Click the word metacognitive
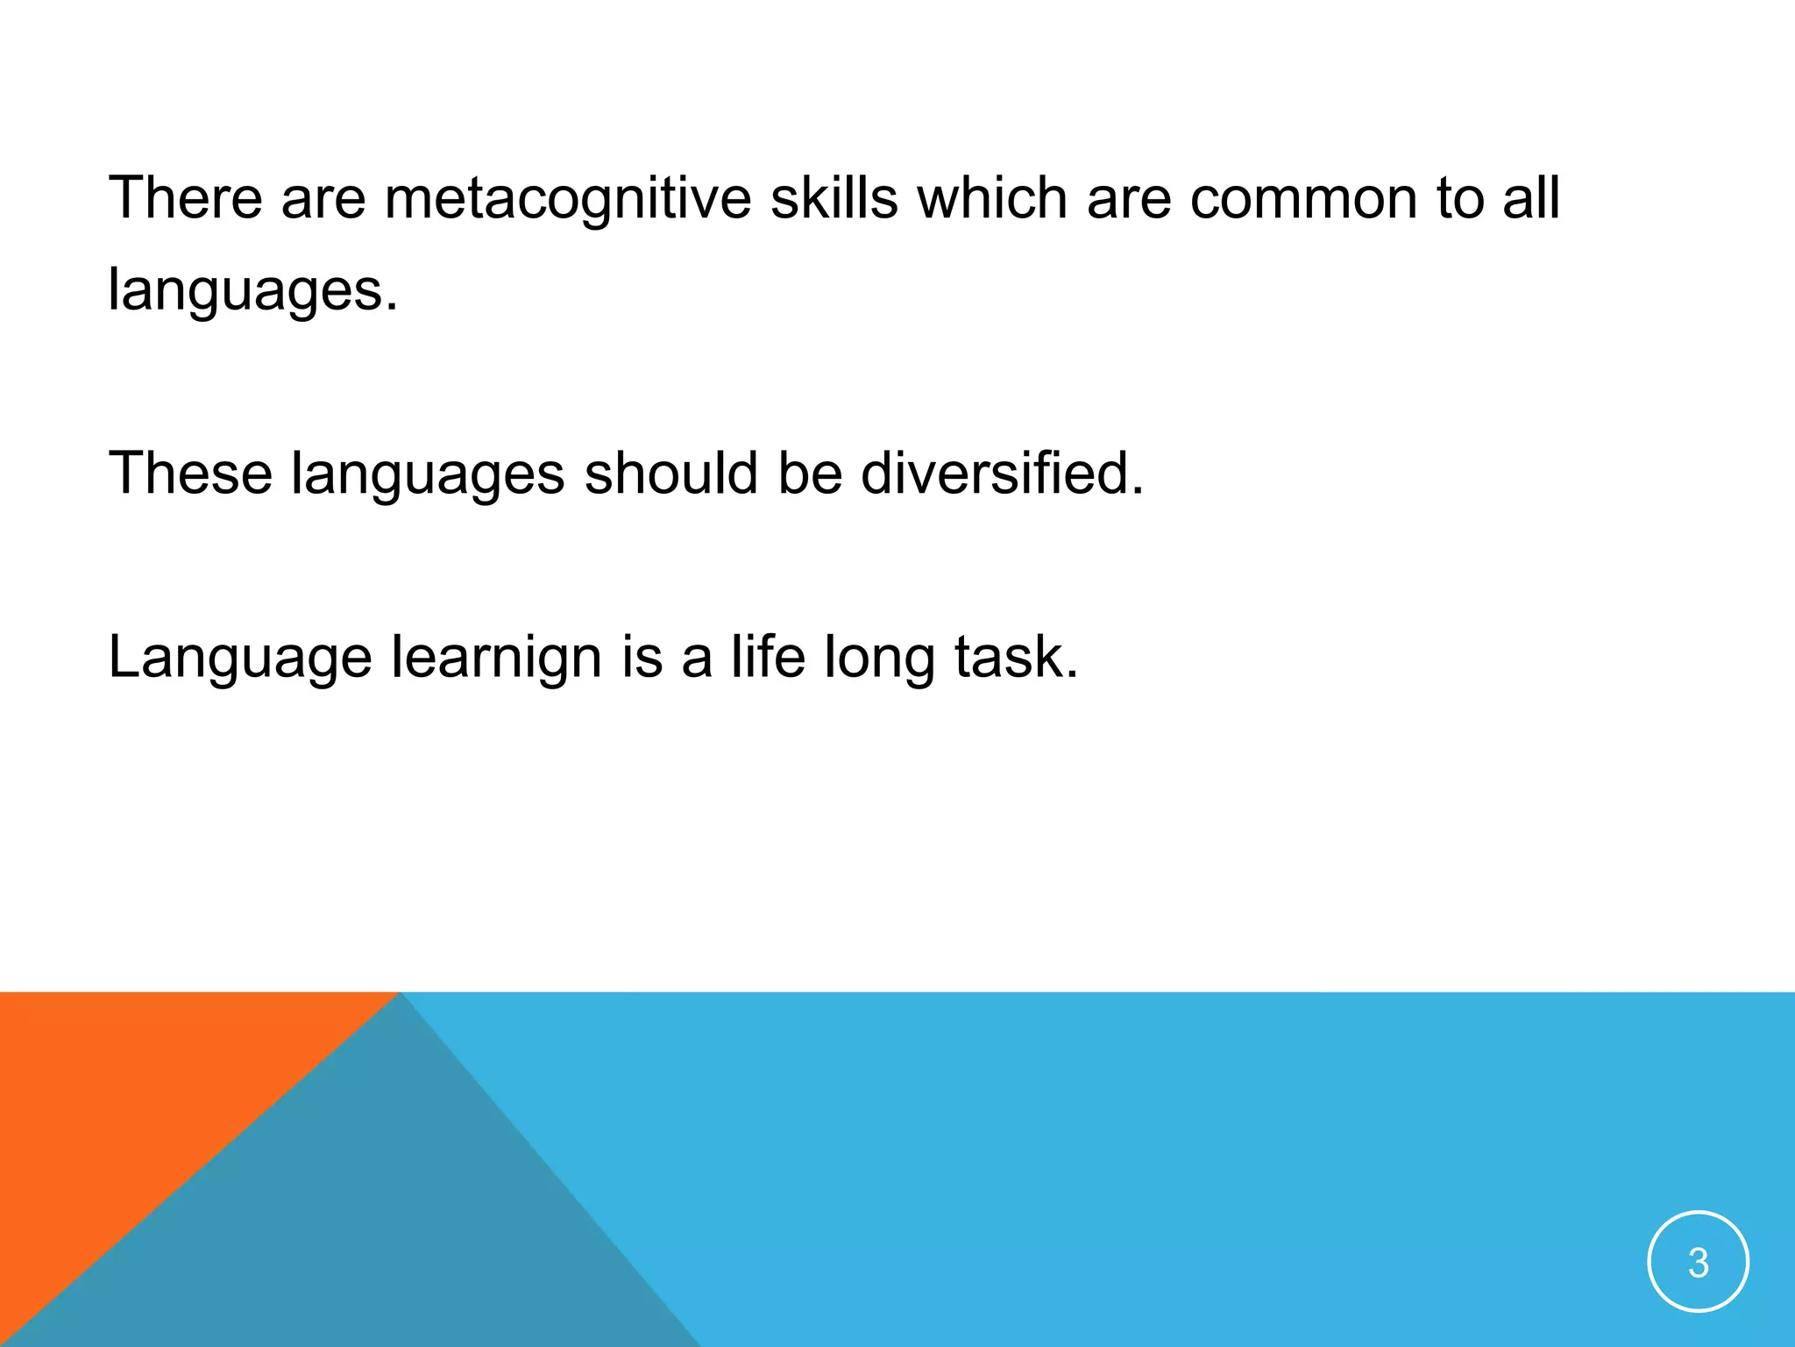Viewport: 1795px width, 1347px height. [x=567, y=197]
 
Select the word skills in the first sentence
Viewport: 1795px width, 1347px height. [x=834, y=197]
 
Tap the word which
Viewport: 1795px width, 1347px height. [x=992, y=197]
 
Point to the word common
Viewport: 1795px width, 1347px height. [x=1302, y=197]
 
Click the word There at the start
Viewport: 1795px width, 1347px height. [x=185, y=197]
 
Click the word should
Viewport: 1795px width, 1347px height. [x=670, y=474]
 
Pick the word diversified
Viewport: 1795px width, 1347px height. [x=1002, y=474]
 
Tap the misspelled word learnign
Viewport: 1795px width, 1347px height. [x=496, y=658]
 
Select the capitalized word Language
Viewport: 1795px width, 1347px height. [x=239, y=658]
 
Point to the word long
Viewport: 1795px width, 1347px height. [x=879, y=658]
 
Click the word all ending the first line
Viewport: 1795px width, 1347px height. [x=1531, y=197]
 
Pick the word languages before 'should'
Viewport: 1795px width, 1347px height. [x=428, y=474]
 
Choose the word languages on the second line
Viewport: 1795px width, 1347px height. [x=252, y=290]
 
